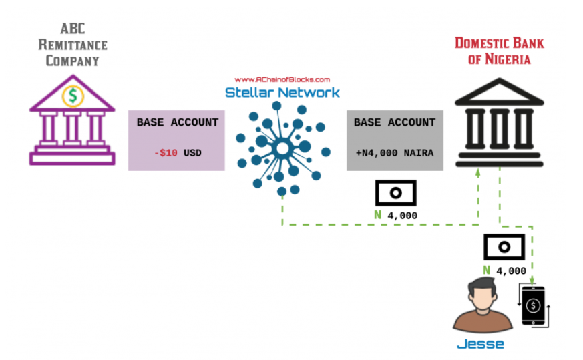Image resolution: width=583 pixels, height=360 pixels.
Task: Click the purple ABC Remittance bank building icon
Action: click(72, 127)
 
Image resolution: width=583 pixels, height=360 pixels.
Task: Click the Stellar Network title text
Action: click(282, 93)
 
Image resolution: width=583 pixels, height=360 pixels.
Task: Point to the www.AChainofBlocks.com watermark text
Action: click(282, 79)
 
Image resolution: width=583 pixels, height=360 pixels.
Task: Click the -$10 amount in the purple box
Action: click(166, 153)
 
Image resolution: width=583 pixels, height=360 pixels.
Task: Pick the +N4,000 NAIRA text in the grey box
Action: click(394, 153)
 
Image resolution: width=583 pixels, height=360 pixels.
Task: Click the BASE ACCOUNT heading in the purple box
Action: click(177, 122)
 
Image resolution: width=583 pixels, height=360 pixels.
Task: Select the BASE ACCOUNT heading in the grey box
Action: click(394, 122)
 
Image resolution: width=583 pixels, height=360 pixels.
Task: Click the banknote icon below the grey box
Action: click(395, 192)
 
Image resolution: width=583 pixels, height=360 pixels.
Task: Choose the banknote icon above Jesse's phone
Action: click(505, 248)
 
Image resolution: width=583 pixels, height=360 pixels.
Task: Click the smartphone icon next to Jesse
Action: click(533, 306)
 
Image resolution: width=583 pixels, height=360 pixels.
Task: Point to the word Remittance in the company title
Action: click(72, 45)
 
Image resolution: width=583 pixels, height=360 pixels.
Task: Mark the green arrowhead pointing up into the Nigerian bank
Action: click(478, 172)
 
